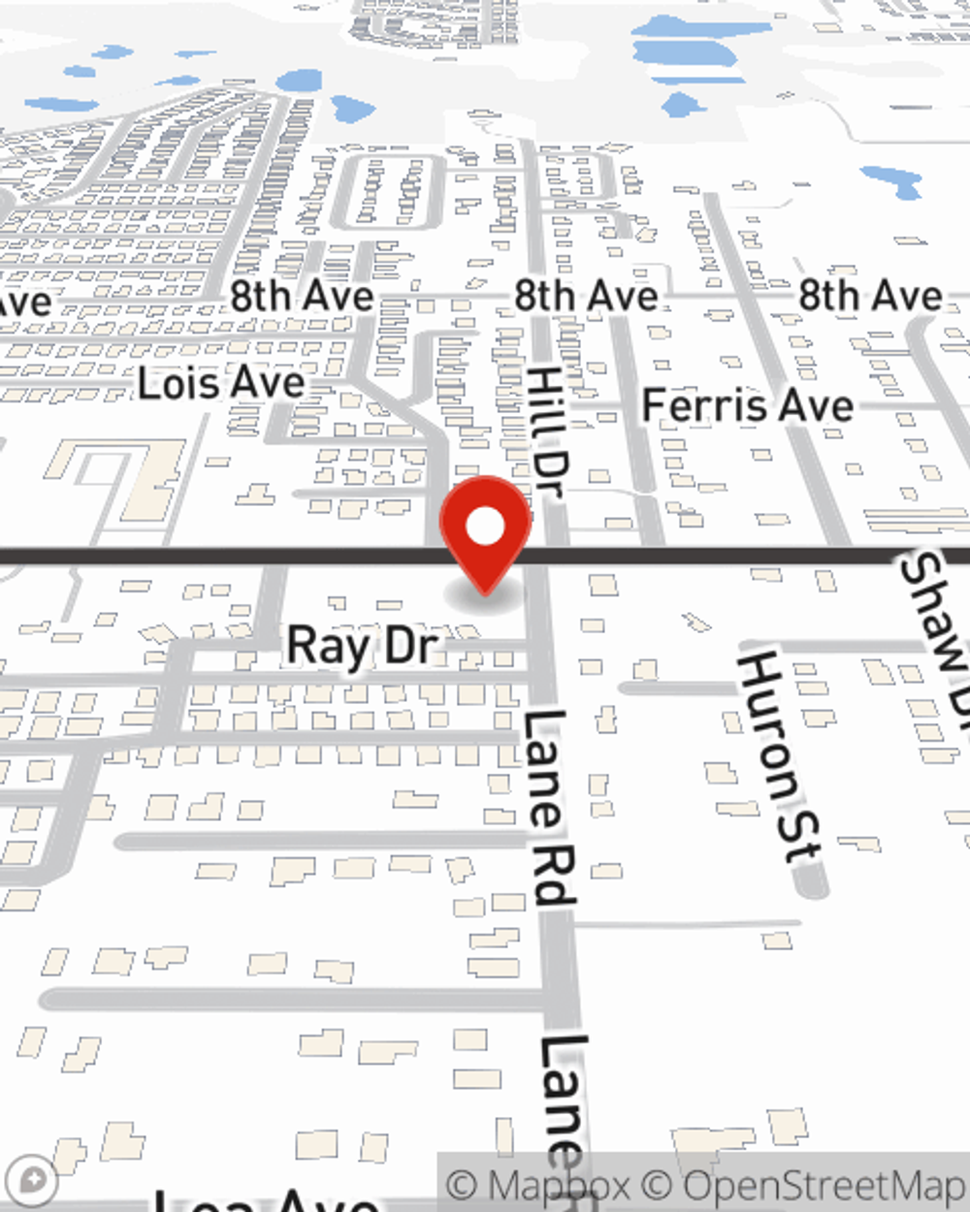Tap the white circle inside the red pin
(486, 527)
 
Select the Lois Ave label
(222, 383)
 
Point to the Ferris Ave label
(748, 404)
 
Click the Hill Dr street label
(547, 432)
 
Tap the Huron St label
(779, 756)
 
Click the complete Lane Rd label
(549, 807)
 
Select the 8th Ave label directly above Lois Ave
(302, 296)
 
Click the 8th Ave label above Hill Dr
(586, 296)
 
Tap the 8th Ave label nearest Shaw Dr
(870, 296)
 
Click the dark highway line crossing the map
(242, 557)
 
